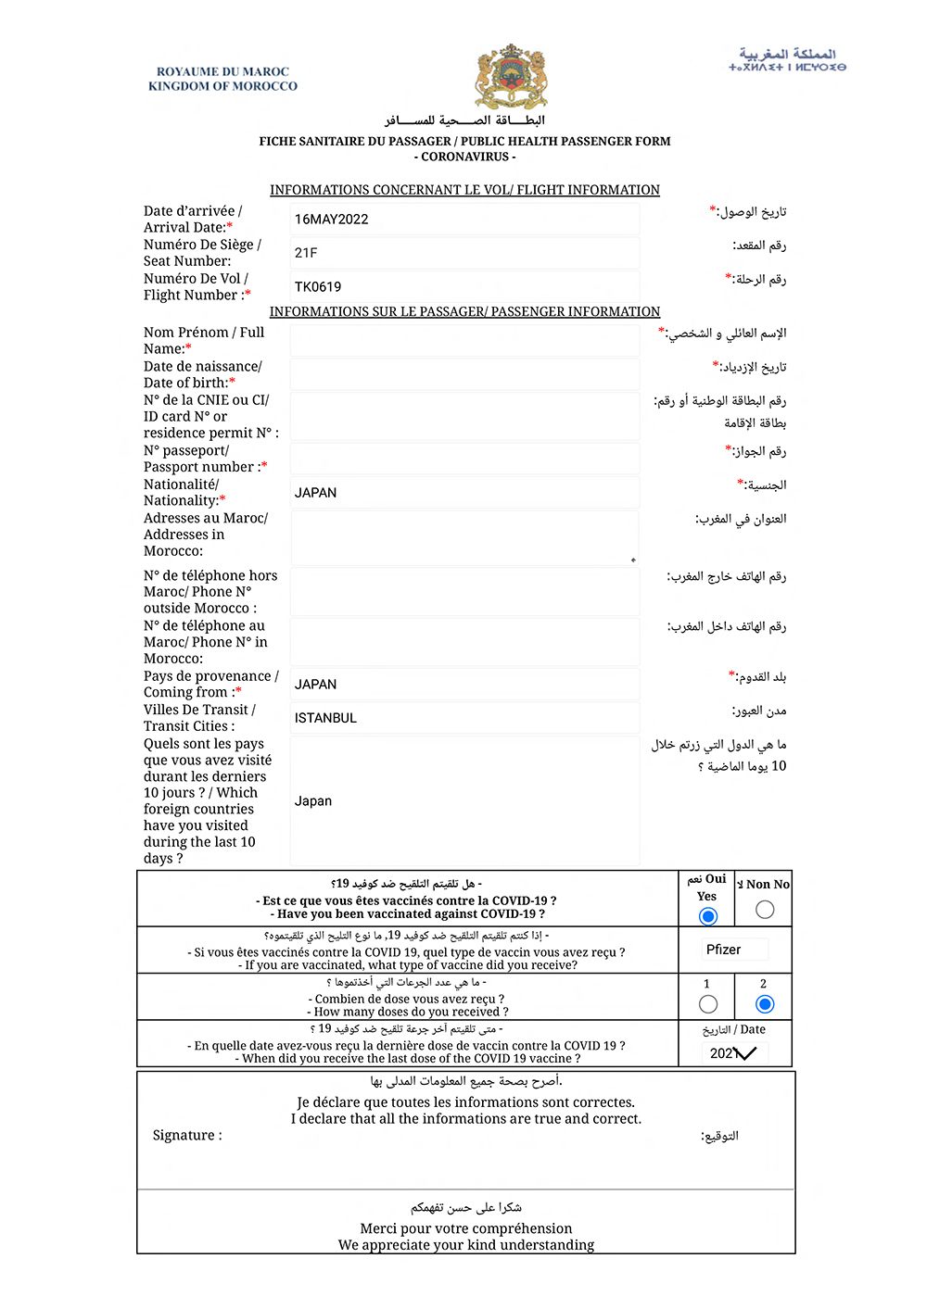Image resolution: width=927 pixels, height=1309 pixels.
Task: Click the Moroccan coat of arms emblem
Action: coord(511,77)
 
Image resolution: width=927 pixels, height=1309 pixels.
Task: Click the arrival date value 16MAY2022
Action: coord(331,220)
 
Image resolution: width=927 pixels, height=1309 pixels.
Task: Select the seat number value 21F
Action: coord(306,253)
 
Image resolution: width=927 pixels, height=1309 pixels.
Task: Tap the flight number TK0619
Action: coord(318,287)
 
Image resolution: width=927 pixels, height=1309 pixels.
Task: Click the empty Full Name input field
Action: coord(464,341)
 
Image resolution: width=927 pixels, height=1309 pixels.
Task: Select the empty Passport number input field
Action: coord(464,459)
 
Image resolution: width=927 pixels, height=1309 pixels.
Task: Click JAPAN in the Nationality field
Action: coord(315,493)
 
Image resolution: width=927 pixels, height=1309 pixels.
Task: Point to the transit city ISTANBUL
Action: coord(325,718)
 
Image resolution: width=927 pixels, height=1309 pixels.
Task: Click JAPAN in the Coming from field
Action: coord(315,685)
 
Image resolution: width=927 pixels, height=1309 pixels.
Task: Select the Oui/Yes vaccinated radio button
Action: coord(708,916)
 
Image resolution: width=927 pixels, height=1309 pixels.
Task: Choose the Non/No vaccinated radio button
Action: coord(765,910)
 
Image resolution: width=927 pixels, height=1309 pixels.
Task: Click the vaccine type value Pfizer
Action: coord(723,950)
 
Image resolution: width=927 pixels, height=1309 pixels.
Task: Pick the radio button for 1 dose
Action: coord(708,1004)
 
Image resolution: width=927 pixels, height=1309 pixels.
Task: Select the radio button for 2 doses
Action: coord(765,1004)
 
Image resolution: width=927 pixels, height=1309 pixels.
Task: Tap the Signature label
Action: coord(187,1136)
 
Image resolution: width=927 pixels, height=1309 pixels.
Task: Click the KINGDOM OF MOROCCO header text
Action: coord(222,86)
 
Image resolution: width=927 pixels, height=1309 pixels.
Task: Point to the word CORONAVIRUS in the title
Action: coord(467,157)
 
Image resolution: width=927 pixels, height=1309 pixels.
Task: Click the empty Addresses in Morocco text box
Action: coord(464,537)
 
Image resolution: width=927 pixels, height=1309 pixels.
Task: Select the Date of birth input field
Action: coord(464,374)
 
